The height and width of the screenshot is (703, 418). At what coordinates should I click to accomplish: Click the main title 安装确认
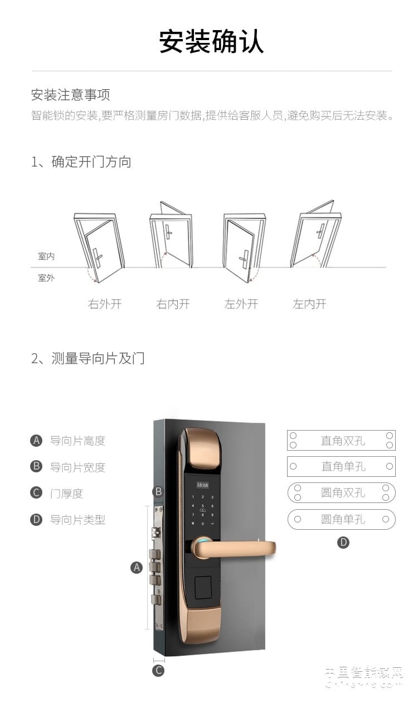tap(211, 42)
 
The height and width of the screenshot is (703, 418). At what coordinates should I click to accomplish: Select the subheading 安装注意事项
tap(70, 95)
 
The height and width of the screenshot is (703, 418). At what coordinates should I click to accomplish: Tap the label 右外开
tap(104, 304)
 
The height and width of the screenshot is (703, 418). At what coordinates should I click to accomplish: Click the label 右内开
tap(173, 304)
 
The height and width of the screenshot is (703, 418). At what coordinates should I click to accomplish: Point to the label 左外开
tap(241, 304)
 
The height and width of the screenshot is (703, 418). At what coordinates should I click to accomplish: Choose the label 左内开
tap(309, 304)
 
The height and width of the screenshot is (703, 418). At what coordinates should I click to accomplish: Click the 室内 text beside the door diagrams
tap(46, 256)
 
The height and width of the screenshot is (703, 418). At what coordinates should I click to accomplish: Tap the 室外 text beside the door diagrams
tap(46, 277)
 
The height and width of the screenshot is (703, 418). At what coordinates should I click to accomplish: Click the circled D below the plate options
tap(343, 542)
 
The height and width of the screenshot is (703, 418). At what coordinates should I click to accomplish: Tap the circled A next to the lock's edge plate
tap(137, 567)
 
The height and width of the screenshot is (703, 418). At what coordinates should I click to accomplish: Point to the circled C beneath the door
tap(159, 670)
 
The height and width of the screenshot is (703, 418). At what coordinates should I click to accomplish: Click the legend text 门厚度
tap(66, 493)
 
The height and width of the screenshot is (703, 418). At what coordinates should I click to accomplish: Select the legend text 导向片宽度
tap(77, 467)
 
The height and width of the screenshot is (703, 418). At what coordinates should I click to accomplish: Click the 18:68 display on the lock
tap(202, 485)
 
